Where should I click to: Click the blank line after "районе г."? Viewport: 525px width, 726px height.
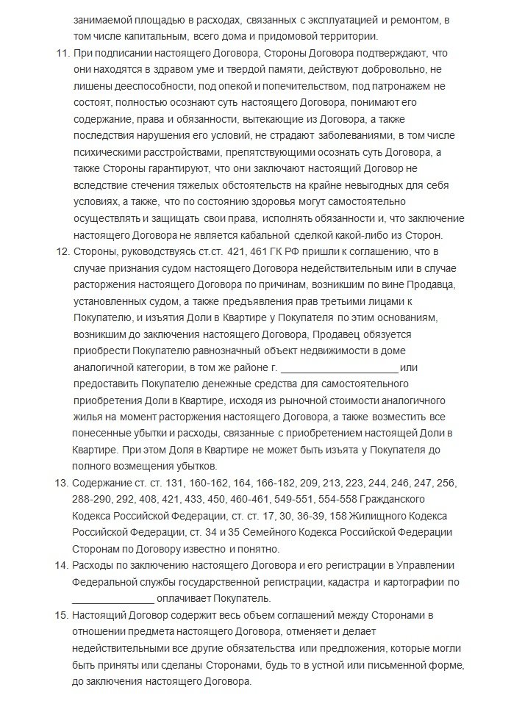pos(339,367)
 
